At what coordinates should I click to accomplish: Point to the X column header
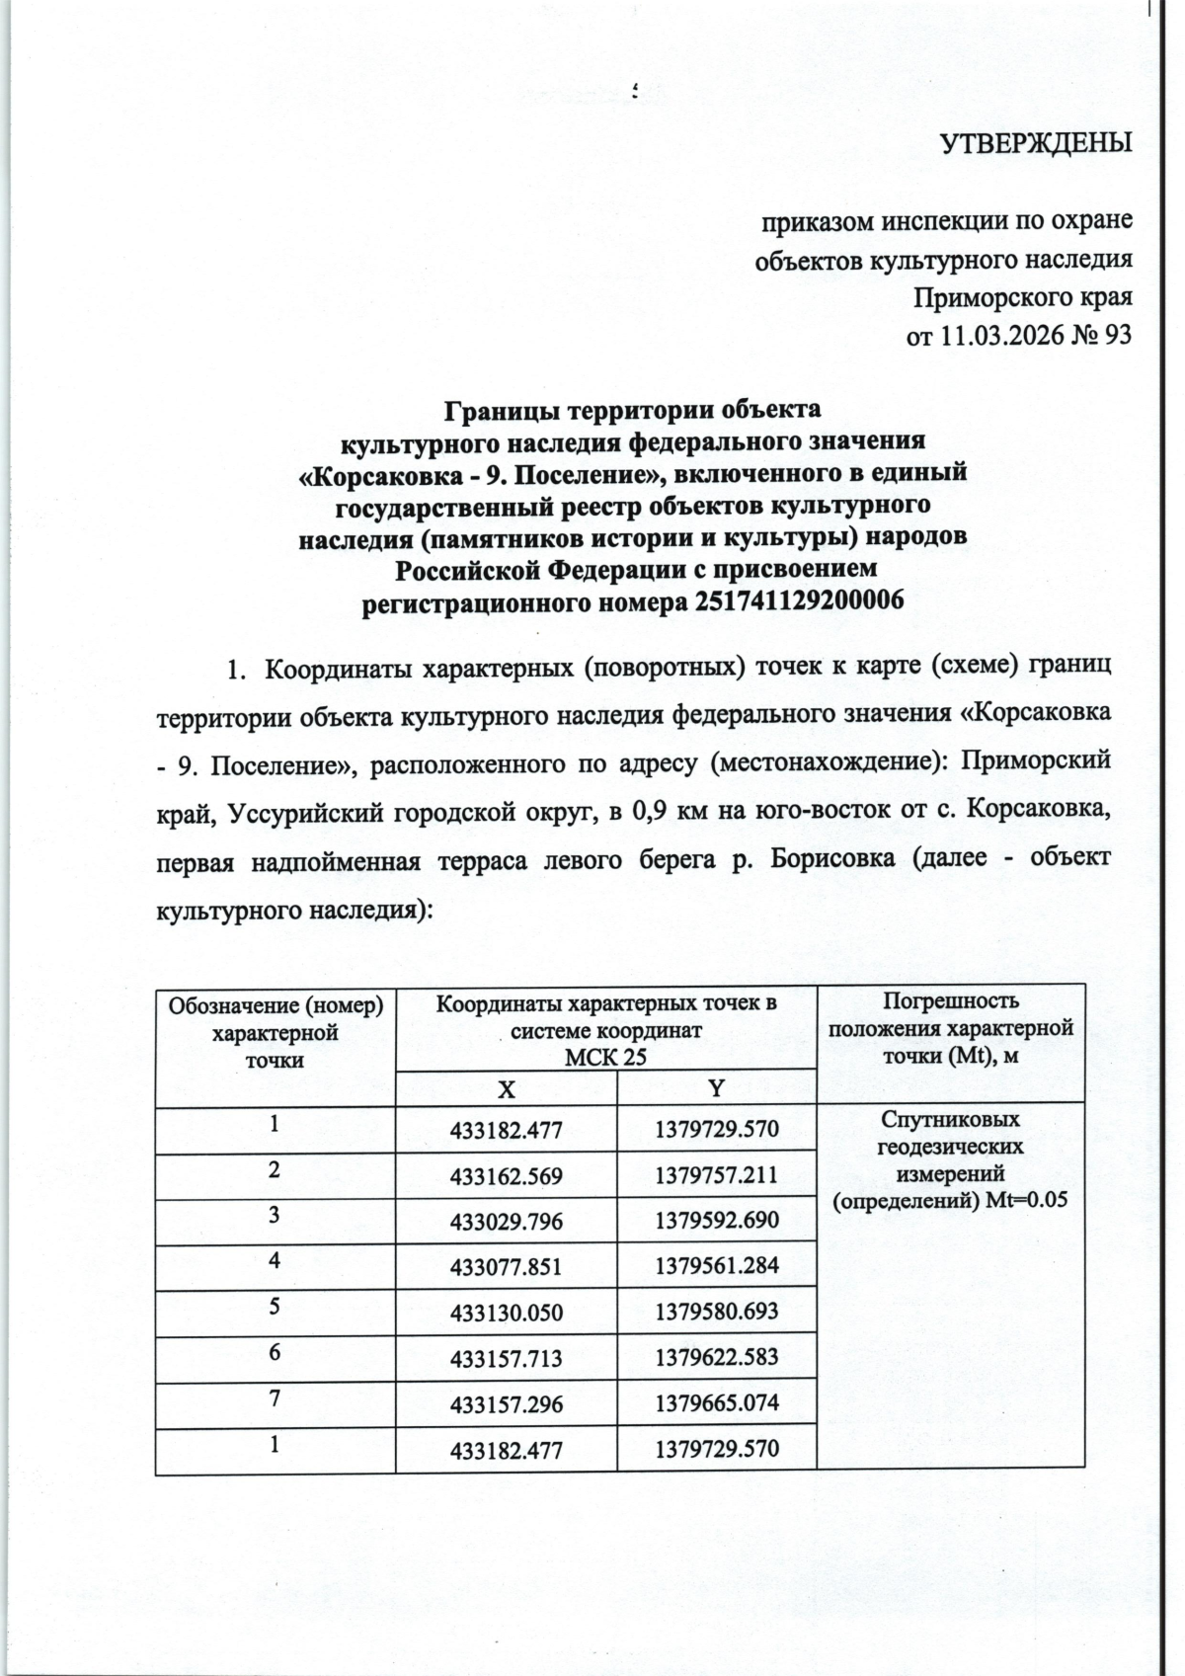coord(506,1088)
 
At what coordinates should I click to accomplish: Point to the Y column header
coord(717,1088)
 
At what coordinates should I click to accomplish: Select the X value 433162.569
coord(506,1176)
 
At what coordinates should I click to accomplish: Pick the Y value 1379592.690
coord(717,1222)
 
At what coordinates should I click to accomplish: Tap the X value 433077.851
coord(506,1267)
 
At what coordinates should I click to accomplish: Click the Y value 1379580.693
coord(717,1313)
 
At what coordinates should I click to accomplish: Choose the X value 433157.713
coord(506,1359)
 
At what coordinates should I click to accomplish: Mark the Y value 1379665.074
coord(717,1404)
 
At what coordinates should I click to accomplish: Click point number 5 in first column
coord(274,1306)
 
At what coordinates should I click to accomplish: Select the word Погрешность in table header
coord(950,1001)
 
